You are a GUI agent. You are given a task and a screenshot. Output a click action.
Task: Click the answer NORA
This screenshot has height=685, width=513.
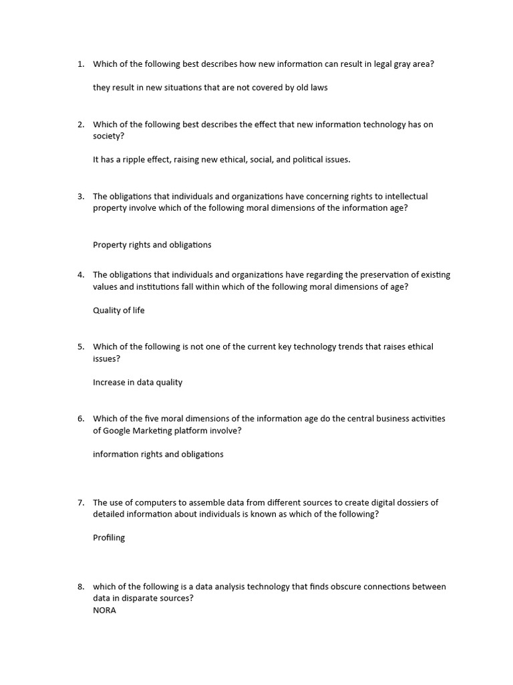[x=104, y=610]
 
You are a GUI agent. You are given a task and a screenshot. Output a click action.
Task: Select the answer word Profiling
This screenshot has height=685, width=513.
[x=109, y=537]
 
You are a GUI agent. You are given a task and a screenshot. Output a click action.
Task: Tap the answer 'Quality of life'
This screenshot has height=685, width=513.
[x=119, y=310]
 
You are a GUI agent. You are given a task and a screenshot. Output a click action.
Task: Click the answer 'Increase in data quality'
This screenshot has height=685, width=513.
[x=138, y=383]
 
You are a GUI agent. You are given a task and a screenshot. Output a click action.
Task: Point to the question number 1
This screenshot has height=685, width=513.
[x=80, y=64]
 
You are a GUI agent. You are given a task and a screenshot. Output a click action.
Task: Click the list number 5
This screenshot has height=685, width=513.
[x=80, y=347]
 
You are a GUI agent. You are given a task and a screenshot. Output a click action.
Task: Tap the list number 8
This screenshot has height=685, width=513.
[x=80, y=587]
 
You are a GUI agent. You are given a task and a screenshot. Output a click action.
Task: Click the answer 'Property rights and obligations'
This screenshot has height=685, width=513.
[x=152, y=245]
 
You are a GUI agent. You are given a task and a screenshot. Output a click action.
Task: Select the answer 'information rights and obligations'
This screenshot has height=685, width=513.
[x=158, y=454]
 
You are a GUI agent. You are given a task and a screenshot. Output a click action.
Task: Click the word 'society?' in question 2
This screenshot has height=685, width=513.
[x=108, y=136]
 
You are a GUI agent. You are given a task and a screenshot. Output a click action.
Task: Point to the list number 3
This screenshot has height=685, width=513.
[x=80, y=197]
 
